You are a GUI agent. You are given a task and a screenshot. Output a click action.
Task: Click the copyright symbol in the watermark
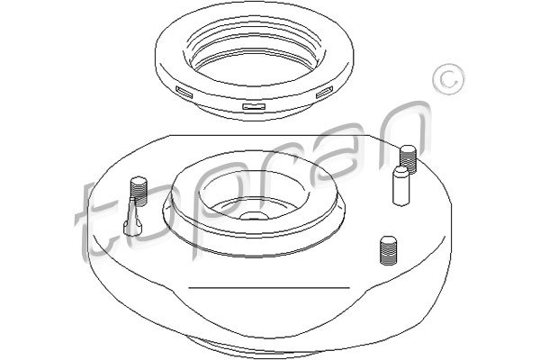tap(447, 79)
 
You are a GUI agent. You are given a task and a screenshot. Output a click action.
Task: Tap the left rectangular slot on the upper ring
tap(184, 93)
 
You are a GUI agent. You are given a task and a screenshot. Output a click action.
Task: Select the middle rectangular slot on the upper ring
tap(254, 106)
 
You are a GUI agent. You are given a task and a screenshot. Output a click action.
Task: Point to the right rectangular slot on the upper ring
tap(324, 92)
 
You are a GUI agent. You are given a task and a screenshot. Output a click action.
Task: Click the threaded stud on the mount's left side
tap(139, 190)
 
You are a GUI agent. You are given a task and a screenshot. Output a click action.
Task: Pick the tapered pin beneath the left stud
tap(132, 217)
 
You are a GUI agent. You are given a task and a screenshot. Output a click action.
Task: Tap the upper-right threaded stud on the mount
tap(408, 157)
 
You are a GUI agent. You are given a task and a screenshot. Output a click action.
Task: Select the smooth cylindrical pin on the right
tap(401, 186)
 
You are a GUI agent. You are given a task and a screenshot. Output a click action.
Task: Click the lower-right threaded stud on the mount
tap(389, 250)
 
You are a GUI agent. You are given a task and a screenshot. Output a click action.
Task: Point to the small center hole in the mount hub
tap(254, 216)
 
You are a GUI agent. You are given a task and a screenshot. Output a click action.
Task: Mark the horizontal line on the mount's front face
tap(269, 287)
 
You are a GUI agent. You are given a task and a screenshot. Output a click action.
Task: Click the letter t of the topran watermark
tap(93, 220)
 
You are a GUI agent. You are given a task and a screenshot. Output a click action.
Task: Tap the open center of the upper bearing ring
tap(254, 67)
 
